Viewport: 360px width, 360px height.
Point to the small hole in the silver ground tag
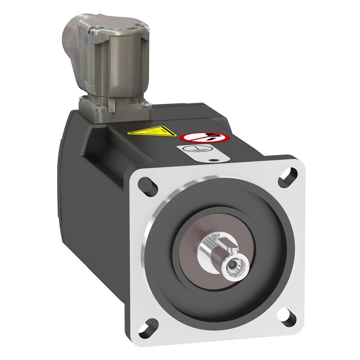pyautogui.click(x=215, y=160)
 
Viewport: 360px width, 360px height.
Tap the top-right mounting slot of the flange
pyautogui.click(x=287, y=176)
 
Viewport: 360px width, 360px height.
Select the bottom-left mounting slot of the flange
pyautogui.click(x=147, y=327)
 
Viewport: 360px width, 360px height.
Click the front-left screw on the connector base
pyautogui.click(x=97, y=108)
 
